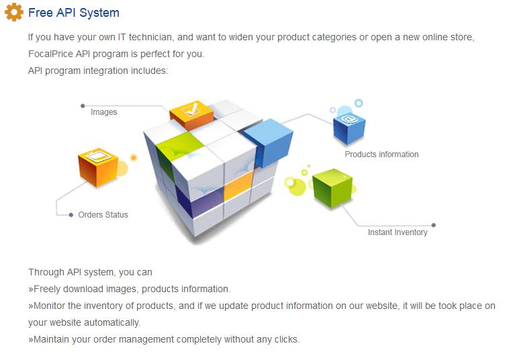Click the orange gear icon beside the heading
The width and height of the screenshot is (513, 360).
point(13,13)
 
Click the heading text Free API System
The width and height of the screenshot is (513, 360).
point(74,13)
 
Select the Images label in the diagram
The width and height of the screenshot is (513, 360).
point(104,112)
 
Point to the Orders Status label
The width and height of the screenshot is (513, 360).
point(103,215)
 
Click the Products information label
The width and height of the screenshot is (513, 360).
point(381,154)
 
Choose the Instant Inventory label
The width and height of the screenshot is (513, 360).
point(398,232)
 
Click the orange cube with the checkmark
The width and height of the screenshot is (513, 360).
point(191,114)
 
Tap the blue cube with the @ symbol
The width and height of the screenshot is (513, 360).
point(349,126)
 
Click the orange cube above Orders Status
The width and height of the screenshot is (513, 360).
point(98,165)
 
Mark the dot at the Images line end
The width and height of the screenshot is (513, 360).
point(83,105)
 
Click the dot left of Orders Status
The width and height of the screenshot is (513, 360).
point(71,215)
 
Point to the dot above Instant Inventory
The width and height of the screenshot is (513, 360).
point(434,225)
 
